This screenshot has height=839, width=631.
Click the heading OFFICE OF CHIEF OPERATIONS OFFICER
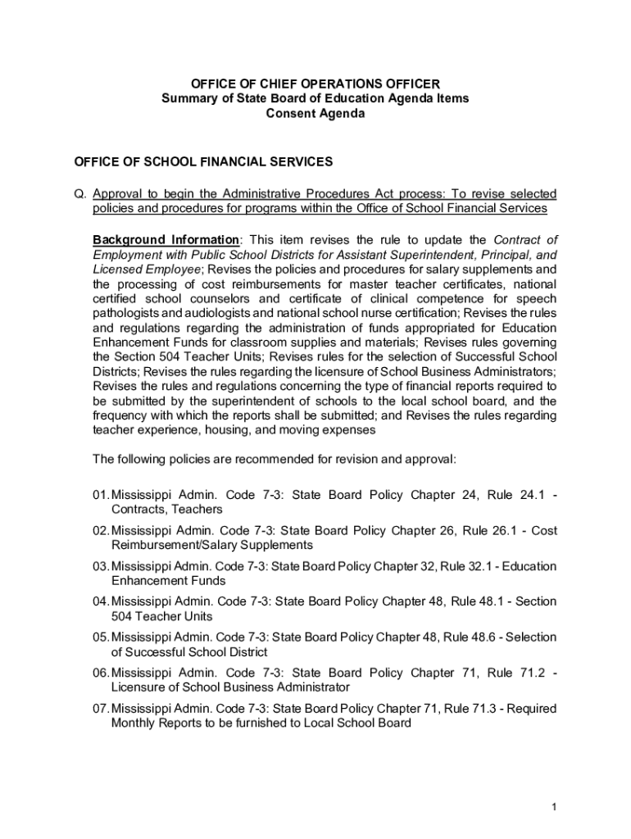(x=315, y=84)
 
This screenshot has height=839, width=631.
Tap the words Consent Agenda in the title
(x=315, y=114)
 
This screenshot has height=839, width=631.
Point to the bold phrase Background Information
(x=166, y=240)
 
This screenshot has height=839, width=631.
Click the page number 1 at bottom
(x=554, y=807)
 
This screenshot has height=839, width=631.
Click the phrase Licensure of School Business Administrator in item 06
(x=230, y=687)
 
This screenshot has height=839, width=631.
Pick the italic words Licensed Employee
(x=147, y=270)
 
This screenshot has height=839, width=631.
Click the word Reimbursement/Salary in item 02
(x=171, y=545)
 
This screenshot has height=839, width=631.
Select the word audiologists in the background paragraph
(x=211, y=313)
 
